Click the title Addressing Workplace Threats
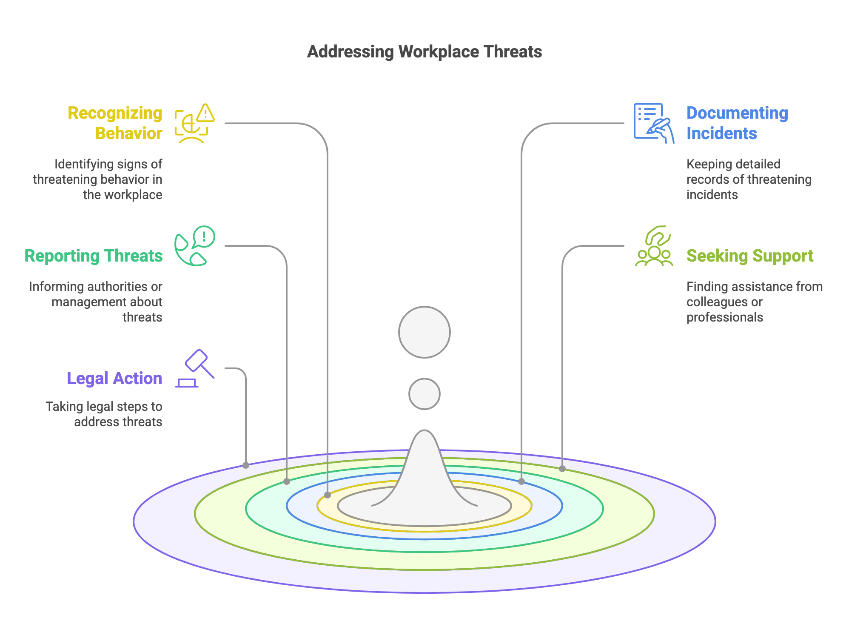(x=424, y=52)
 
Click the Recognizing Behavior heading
(x=115, y=123)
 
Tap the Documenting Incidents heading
(x=737, y=123)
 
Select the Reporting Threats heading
(x=94, y=256)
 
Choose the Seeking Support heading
(x=749, y=256)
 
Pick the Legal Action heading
(x=114, y=379)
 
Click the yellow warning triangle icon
(x=205, y=113)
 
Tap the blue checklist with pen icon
(x=653, y=123)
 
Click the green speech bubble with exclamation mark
(x=204, y=236)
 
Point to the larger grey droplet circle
(x=424, y=332)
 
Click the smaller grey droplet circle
(x=424, y=394)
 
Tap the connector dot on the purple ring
(x=246, y=465)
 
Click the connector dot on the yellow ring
(x=328, y=495)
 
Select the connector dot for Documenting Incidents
(x=521, y=481)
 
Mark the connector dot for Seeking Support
(x=562, y=469)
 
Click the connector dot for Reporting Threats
(x=287, y=481)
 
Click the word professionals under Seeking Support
(x=724, y=317)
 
